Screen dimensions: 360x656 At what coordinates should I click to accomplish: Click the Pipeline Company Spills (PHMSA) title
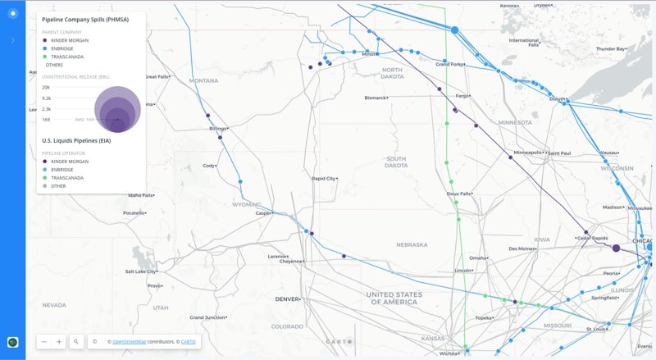pyautogui.click(x=84, y=20)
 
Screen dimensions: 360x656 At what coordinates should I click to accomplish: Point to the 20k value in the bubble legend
pyautogui.click(x=46, y=87)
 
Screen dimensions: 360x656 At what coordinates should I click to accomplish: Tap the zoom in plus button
pyautogui.click(x=59, y=341)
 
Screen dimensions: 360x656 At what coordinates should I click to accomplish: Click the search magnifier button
pyautogui.click(x=75, y=341)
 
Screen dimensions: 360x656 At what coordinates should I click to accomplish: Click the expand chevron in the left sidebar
pyautogui.click(x=12, y=40)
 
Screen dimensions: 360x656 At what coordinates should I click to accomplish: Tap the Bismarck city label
pyautogui.click(x=375, y=98)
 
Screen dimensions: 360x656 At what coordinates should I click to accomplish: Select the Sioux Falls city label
pyautogui.click(x=458, y=194)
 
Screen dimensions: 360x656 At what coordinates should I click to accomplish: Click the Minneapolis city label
pyautogui.click(x=527, y=153)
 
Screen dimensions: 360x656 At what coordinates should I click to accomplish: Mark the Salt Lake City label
pyautogui.click(x=140, y=271)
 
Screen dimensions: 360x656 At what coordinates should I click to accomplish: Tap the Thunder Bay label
pyautogui.click(x=610, y=48)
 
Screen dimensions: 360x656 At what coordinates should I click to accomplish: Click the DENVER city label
pyautogui.click(x=289, y=298)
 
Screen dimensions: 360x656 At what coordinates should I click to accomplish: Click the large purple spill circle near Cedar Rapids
pyautogui.click(x=616, y=248)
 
